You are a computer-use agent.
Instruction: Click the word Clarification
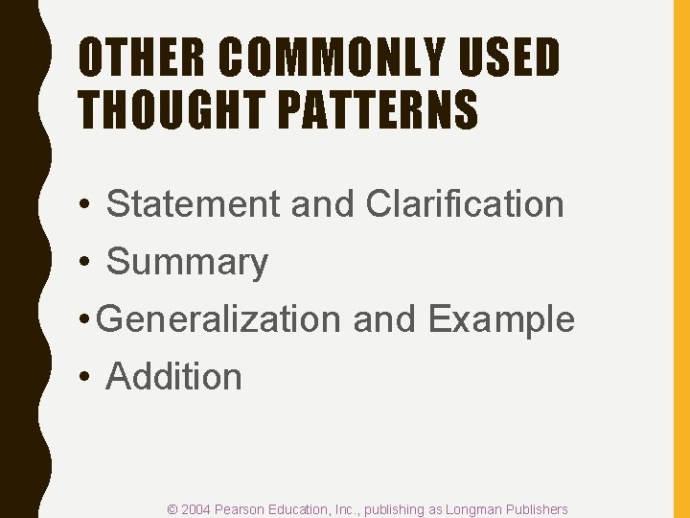pyautogui.click(x=465, y=204)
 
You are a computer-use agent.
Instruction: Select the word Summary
pyautogui.click(x=187, y=262)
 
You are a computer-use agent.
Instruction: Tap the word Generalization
pyautogui.click(x=218, y=319)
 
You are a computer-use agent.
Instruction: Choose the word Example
pyautogui.click(x=501, y=319)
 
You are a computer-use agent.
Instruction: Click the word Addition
pyautogui.click(x=173, y=377)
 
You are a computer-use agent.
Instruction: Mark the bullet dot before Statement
pyautogui.click(x=85, y=205)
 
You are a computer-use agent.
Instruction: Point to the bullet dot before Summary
pyautogui.click(x=85, y=263)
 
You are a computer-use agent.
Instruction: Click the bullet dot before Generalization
pyautogui.click(x=85, y=320)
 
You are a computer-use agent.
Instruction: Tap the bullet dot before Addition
pyautogui.click(x=85, y=378)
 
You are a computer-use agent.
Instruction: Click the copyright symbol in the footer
pyautogui.click(x=172, y=509)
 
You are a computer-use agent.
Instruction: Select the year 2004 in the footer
pyautogui.click(x=196, y=509)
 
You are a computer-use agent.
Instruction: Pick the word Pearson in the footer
pyautogui.click(x=241, y=509)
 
